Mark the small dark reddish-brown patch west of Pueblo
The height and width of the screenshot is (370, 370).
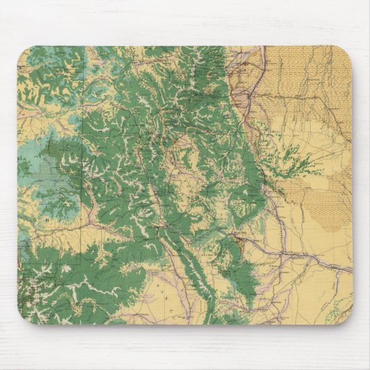239,242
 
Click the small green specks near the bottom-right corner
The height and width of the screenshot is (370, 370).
328,307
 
